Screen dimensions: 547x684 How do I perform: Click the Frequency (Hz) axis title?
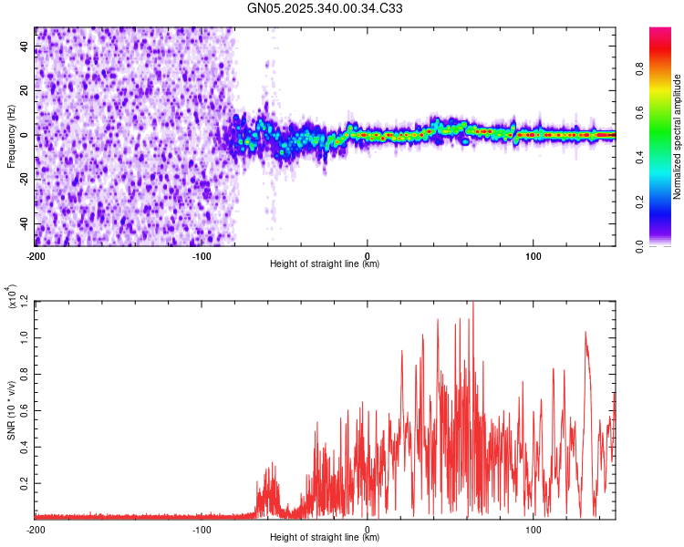pos(10,137)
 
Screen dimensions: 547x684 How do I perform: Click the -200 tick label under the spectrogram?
pos(36,254)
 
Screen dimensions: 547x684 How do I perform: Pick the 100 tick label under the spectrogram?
pos(534,254)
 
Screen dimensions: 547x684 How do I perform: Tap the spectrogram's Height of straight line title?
pos(325,264)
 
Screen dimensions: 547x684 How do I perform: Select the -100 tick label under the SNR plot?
pos(202,529)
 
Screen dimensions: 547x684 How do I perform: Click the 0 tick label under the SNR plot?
pos(368,529)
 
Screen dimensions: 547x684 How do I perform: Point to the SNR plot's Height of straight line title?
pos(325,538)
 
